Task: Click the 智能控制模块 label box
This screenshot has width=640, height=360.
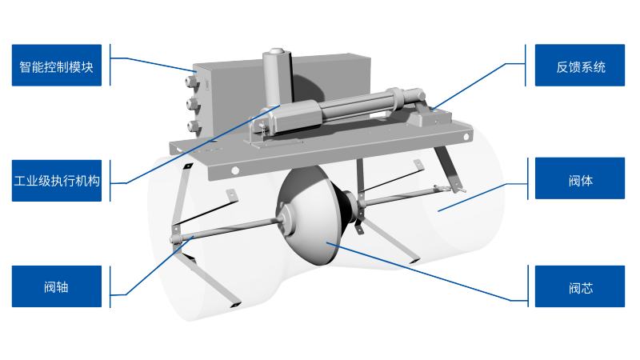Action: pyautogui.click(x=57, y=66)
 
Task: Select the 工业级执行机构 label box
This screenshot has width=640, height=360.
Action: pyautogui.click(x=57, y=181)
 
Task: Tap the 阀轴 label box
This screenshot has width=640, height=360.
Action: pyautogui.click(x=57, y=286)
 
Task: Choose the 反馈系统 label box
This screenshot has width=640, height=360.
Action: pyautogui.click(x=579, y=66)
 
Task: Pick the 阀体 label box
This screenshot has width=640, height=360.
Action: pyautogui.click(x=579, y=178)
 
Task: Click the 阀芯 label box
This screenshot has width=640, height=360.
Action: pyautogui.click(x=579, y=286)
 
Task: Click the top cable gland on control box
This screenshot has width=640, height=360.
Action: pyautogui.click(x=192, y=81)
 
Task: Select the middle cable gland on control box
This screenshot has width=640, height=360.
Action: pyautogui.click(x=193, y=104)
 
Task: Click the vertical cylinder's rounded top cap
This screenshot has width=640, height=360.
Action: pyautogui.click(x=276, y=53)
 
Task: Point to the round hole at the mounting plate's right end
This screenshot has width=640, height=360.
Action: pyautogui.click(x=466, y=137)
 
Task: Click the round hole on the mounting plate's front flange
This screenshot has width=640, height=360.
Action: pyautogui.click(x=235, y=170)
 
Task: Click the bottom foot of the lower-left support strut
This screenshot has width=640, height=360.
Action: pyautogui.click(x=235, y=304)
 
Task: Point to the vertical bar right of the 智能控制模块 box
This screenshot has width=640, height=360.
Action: pyautogui.click(x=110, y=65)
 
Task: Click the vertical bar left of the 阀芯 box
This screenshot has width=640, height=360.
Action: pyautogui.click(x=527, y=286)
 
